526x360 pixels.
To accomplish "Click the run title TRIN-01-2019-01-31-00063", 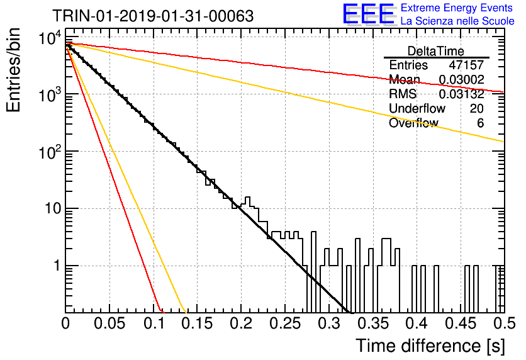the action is click(153, 16).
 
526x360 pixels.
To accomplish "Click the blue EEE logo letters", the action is click(369, 14).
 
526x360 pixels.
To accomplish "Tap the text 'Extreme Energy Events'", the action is click(457, 8).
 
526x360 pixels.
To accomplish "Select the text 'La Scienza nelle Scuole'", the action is click(457, 21).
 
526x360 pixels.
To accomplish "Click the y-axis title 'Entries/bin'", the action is click(13, 70).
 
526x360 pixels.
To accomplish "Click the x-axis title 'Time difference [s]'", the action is click(430, 346).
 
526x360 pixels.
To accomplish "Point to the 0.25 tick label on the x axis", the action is click(285, 323).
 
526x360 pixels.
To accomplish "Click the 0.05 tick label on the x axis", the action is click(109, 323).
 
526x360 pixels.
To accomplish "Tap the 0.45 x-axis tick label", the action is click(461, 323).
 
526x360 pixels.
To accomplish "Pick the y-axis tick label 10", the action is click(53, 209).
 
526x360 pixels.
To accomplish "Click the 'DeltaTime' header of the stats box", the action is click(436, 51).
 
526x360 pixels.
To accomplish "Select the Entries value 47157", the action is click(466, 65).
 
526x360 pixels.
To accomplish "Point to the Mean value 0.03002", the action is click(462, 79).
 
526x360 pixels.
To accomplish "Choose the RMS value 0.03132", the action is click(462, 94).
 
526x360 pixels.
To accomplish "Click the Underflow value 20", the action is click(477, 108).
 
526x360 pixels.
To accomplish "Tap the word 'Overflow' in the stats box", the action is click(413, 123).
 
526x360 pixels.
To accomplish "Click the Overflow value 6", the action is click(480, 123).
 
